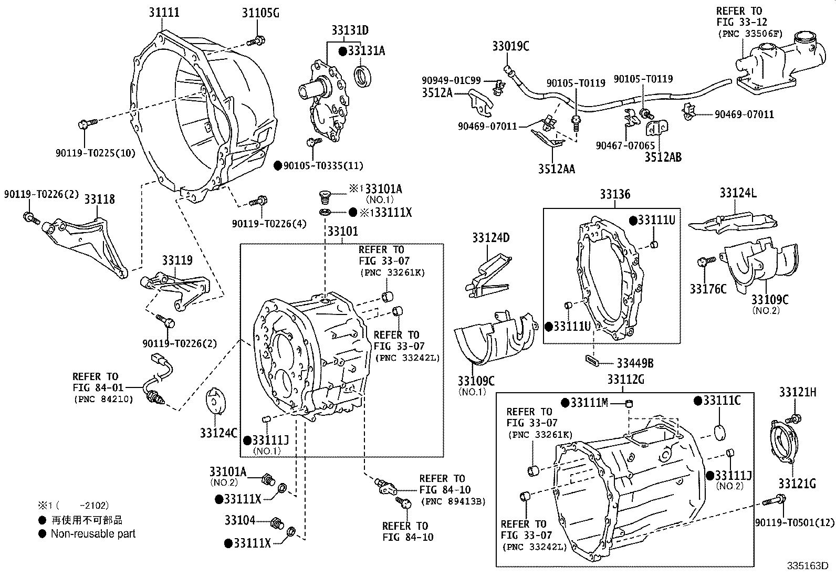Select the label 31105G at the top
[260, 13]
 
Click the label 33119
[177, 260]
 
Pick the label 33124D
[490, 238]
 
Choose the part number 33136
[615, 195]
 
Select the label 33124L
[738, 193]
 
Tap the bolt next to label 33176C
[705, 261]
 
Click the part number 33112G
[625, 380]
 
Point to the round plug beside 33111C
[723, 433]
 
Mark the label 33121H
[797, 393]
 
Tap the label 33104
[239, 520]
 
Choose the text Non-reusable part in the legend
[93, 534]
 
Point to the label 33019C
[510, 46]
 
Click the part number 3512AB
[663, 156]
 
